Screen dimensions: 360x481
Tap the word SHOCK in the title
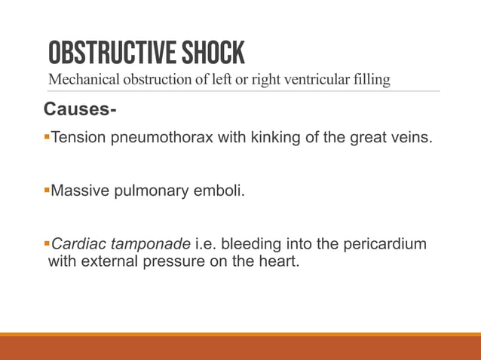[212, 53]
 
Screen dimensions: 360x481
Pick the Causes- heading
[80, 111]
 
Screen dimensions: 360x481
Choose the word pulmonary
[151, 191]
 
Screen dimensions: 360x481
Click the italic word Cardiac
[78, 244]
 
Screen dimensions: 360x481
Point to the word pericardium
[385, 244]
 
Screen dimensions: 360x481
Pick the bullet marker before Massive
[47, 190]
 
